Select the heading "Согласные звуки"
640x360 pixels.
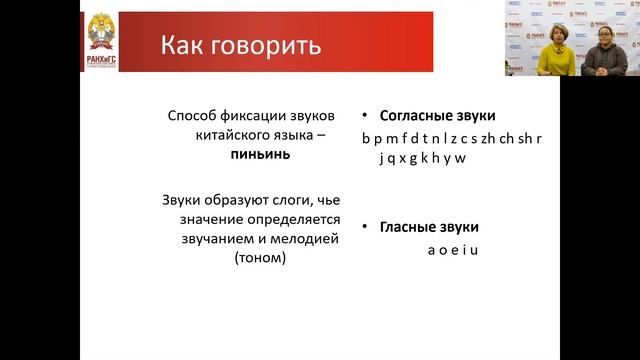pyautogui.click(x=436, y=116)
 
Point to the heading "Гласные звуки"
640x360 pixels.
pyautogui.click(x=429, y=226)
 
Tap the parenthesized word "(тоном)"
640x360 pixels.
pyautogui.click(x=256, y=259)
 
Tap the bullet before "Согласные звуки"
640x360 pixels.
pyautogui.click(x=366, y=116)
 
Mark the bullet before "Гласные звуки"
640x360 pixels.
pyautogui.click(x=366, y=226)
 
